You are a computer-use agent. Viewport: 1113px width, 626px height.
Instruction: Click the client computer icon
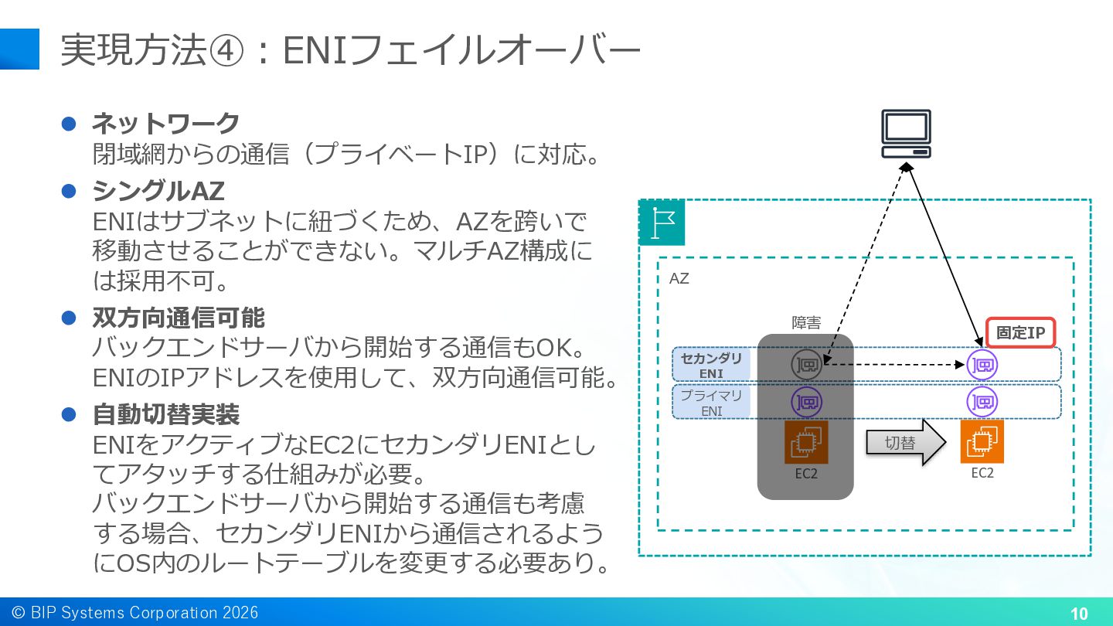pos(907,134)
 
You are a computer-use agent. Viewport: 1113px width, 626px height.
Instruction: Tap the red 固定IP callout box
pos(1020,332)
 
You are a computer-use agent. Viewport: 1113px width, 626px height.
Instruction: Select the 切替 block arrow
pos(906,442)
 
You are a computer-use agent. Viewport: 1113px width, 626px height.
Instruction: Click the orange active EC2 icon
pos(982,441)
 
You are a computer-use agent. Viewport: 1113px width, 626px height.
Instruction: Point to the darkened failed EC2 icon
pos(806,442)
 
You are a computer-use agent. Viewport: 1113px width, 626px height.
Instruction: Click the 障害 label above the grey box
pos(806,323)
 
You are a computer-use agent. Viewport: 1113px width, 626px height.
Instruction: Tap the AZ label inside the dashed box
pos(679,278)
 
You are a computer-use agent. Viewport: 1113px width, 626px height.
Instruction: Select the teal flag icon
pos(662,223)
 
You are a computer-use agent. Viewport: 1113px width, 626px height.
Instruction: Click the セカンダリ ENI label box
pos(711,365)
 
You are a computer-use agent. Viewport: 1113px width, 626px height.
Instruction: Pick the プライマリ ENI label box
pos(711,403)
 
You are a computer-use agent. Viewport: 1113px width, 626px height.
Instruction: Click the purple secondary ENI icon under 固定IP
pos(982,365)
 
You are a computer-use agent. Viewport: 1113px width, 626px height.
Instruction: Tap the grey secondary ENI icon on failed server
pos(806,365)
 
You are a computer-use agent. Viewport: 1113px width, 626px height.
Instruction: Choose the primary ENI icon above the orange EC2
pos(982,402)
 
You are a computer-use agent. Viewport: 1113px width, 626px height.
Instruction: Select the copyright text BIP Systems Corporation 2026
pos(145,613)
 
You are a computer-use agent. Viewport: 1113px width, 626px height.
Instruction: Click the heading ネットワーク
pos(166,123)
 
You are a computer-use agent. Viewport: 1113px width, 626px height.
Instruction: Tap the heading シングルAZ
pos(158,191)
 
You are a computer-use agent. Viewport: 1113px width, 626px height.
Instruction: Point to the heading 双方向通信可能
pos(179,318)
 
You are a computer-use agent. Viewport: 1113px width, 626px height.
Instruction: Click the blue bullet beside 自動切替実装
pos(69,414)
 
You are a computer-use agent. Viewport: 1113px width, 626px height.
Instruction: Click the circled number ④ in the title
pos(226,51)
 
